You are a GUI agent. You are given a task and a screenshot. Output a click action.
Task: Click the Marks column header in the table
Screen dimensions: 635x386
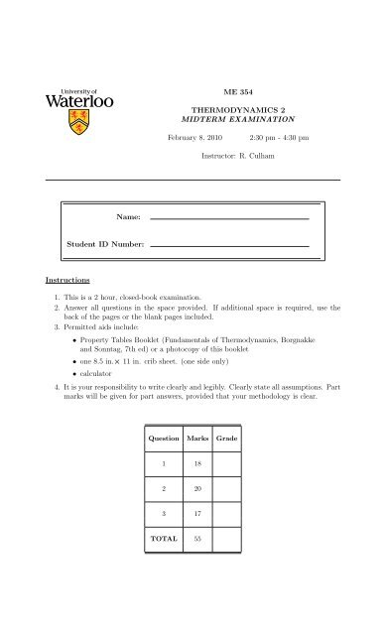199,438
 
